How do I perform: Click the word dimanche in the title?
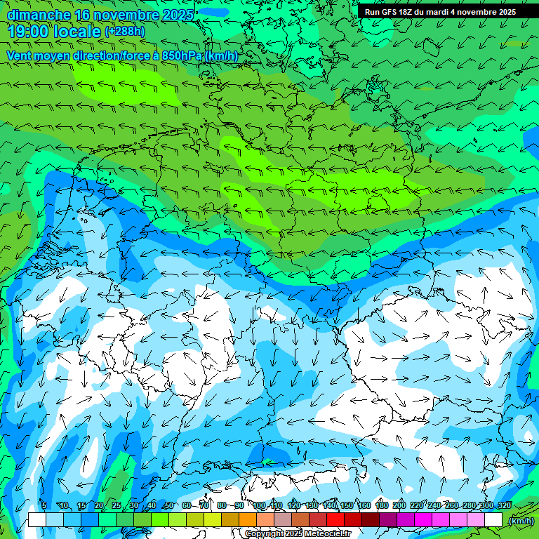[38, 15]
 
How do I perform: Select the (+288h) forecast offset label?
[124, 32]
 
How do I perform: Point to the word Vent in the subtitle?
[20, 55]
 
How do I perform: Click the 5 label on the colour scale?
[44, 506]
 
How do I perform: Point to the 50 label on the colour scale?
[168, 506]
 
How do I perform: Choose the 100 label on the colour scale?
[259, 506]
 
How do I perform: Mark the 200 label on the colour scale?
[399, 506]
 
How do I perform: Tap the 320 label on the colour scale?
[504, 506]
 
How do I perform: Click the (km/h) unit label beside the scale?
[521, 521]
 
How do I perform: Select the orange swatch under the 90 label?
[247, 519]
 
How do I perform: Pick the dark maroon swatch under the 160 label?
[370, 519]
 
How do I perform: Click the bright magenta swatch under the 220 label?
[422, 519]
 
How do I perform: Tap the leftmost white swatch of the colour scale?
[36, 519]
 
